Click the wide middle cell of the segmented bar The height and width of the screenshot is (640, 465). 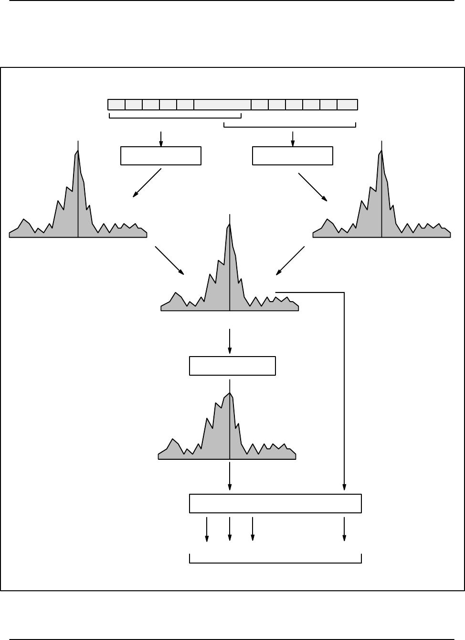(x=222, y=105)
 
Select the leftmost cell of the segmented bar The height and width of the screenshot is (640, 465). (x=116, y=105)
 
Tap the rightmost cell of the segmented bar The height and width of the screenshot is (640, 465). (x=347, y=105)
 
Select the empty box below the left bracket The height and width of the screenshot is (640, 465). (x=161, y=156)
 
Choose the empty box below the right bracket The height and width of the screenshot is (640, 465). (x=292, y=156)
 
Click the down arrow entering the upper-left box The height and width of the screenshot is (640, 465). (x=161, y=139)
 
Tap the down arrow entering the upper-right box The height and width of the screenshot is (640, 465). (x=293, y=139)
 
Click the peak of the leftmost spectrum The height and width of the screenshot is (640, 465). (x=78, y=151)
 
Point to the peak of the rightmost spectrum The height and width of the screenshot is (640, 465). (x=381, y=151)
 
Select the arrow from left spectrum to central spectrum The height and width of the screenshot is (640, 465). (x=169, y=260)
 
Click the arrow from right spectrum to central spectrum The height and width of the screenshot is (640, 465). (x=290, y=260)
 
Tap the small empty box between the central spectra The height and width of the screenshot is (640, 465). (x=232, y=366)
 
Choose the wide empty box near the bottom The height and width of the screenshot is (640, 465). (x=275, y=504)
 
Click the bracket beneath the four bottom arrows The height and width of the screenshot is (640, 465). (x=275, y=561)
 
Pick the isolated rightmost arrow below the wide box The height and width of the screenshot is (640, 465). (x=344, y=529)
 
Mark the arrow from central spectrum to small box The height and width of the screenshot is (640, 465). (x=230, y=341)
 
